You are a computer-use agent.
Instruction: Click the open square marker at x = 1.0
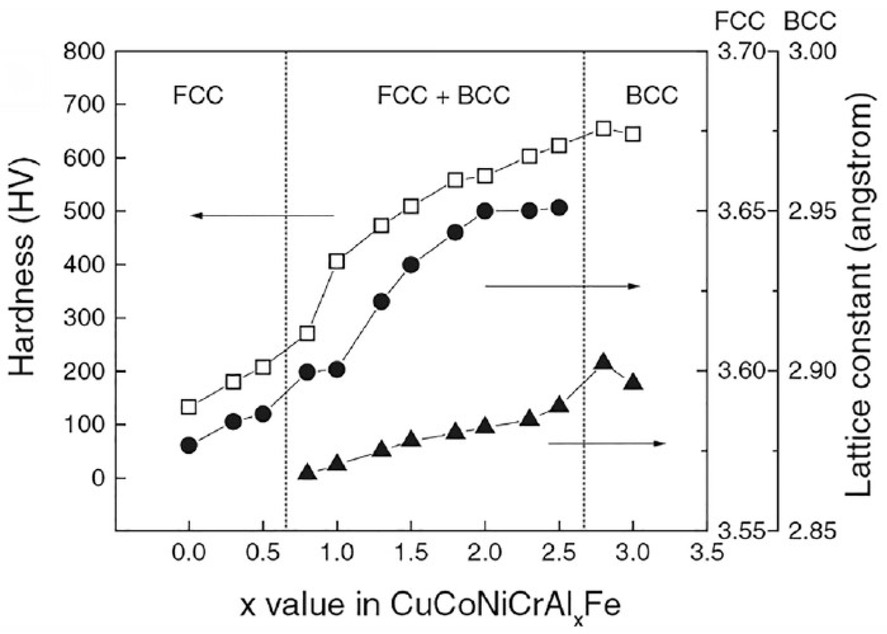tap(337, 261)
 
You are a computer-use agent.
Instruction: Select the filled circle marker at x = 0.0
tap(189, 445)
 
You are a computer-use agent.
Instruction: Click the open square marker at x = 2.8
tap(603, 129)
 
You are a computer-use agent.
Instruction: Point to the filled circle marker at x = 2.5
tap(559, 208)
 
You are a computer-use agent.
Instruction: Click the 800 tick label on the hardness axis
tap(84, 52)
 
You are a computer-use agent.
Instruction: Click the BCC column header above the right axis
tap(810, 21)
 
